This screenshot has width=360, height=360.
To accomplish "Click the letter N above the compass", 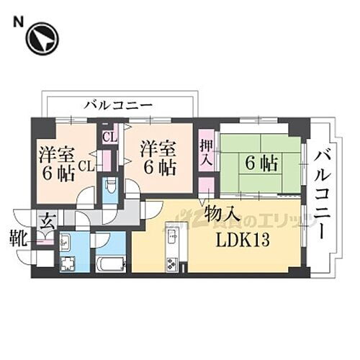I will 16,21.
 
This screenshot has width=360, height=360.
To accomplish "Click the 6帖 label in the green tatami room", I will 261,163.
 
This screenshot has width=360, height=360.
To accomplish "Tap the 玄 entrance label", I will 47,220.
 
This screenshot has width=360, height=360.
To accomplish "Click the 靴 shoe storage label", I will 19,235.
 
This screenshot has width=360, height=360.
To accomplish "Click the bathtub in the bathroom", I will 112,263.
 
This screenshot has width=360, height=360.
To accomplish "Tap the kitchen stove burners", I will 172,262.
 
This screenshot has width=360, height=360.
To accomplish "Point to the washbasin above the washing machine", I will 65,241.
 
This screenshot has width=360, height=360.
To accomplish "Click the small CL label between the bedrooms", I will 110,135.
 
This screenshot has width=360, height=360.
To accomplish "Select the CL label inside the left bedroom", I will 86,166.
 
